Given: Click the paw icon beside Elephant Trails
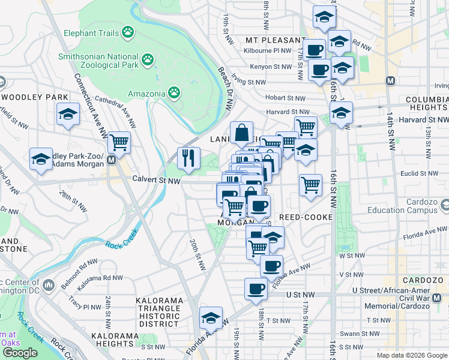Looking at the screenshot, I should click(x=128, y=32).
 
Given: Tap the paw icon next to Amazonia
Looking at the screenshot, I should click(x=173, y=93).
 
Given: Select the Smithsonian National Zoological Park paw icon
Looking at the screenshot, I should click(x=147, y=59).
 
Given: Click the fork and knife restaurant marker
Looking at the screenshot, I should click(x=188, y=158).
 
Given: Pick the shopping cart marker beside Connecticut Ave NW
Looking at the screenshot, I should click(x=119, y=143).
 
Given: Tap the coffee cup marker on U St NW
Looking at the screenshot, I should click(x=256, y=289).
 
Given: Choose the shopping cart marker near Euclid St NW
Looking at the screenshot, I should click(x=310, y=185).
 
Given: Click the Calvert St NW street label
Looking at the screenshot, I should click(x=156, y=180).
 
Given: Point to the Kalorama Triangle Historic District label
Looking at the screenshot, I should click(x=158, y=312).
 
